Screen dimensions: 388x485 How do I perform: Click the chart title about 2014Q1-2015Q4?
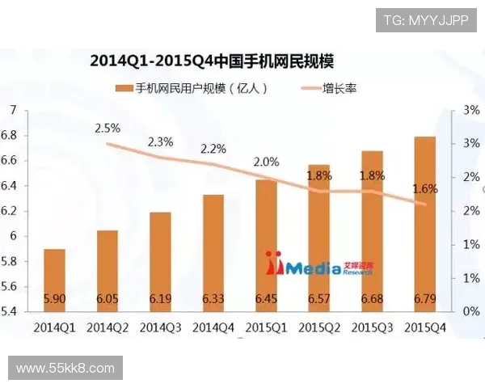(x=213, y=61)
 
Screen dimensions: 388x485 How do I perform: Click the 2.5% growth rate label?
(x=108, y=128)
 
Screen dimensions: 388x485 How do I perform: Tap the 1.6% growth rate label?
(x=424, y=189)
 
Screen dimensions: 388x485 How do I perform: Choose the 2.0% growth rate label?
(x=266, y=162)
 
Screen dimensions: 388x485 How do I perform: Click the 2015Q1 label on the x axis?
(x=266, y=327)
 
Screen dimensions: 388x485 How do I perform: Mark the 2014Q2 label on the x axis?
(x=108, y=327)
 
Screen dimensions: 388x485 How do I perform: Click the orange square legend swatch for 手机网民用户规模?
(x=123, y=87)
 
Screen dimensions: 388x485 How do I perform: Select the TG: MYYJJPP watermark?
(x=425, y=19)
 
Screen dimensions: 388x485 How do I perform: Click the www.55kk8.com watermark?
(x=65, y=369)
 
